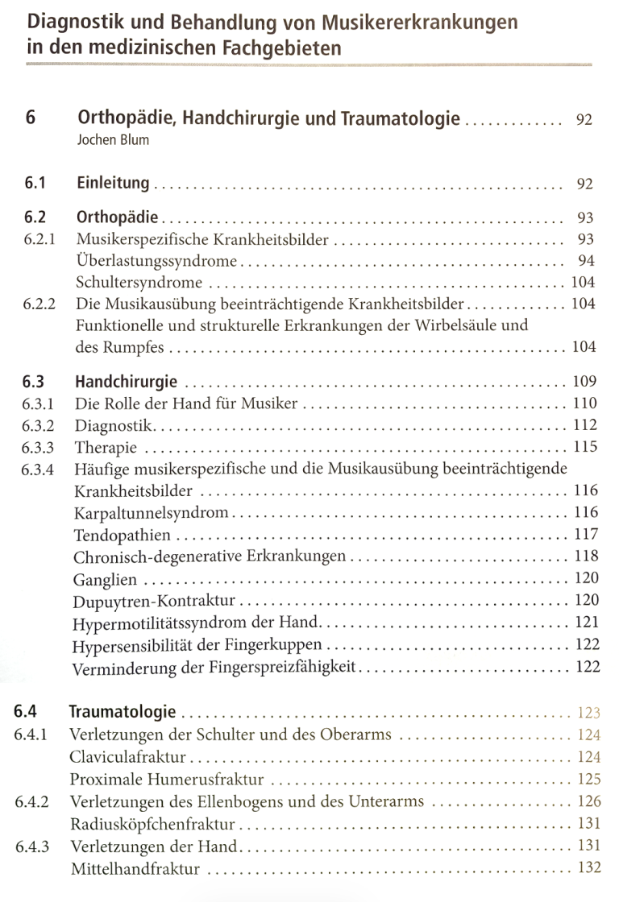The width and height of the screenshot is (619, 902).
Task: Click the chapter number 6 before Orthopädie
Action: click(x=30, y=119)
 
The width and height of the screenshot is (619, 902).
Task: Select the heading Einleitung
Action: click(x=113, y=183)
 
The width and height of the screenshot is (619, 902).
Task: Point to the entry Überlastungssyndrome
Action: click(x=156, y=261)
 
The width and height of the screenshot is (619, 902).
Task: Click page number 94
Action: click(x=585, y=261)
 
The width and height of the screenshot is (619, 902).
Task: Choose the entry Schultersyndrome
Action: click(x=139, y=283)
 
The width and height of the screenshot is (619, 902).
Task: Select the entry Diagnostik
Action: click(x=114, y=424)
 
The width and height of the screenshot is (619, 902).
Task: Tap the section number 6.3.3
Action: click(x=39, y=447)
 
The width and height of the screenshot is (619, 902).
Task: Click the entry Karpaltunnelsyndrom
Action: click(x=152, y=512)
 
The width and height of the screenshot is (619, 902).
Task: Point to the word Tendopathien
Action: click(x=122, y=534)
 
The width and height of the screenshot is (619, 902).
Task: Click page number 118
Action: click(x=586, y=556)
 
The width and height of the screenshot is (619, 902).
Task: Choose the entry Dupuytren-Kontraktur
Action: click(x=154, y=601)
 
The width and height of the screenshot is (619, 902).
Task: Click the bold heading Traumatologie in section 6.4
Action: click(x=123, y=712)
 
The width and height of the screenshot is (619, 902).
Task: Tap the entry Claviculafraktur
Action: click(x=128, y=757)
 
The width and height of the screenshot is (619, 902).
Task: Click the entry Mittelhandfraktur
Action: click(x=135, y=869)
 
